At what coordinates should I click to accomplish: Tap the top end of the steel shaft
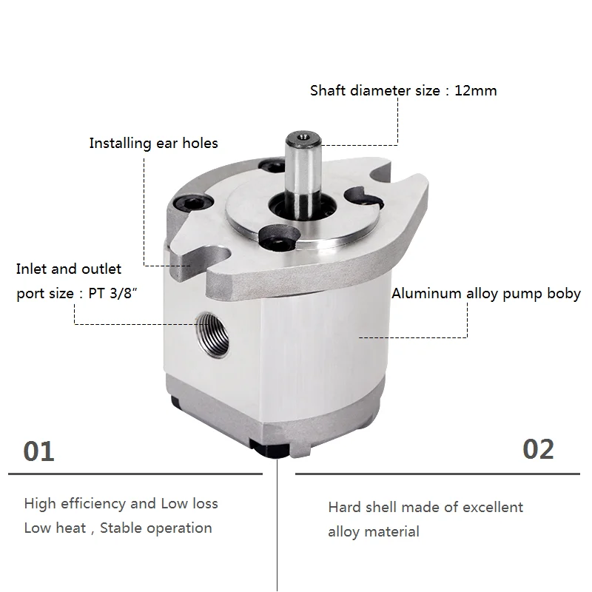pyautogui.click(x=301, y=138)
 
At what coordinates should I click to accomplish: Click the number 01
pyautogui.click(x=39, y=451)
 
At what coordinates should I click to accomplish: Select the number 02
pyautogui.click(x=538, y=449)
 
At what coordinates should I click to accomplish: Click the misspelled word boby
pyautogui.click(x=564, y=293)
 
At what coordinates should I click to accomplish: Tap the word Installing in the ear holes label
pyautogui.click(x=120, y=143)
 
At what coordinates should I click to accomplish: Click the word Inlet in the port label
pyautogui.click(x=33, y=269)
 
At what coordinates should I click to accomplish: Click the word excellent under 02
pyautogui.click(x=493, y=508)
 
